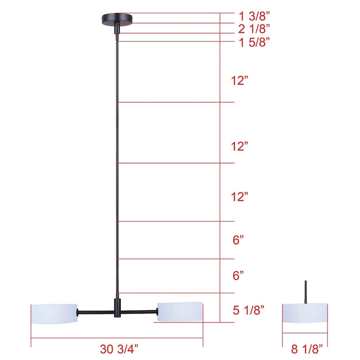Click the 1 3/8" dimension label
[254, 16]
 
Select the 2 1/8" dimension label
[254, 29]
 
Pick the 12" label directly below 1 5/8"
[240, 81]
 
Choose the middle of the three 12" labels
[240, 146]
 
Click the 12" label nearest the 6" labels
[240, 197]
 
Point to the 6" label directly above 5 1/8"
[238, 275]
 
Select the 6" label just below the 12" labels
[238, 240]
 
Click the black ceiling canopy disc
[117, 18]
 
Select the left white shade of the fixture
[54, 313]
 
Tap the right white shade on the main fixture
[180, 312]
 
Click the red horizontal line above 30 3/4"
[117, 338]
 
